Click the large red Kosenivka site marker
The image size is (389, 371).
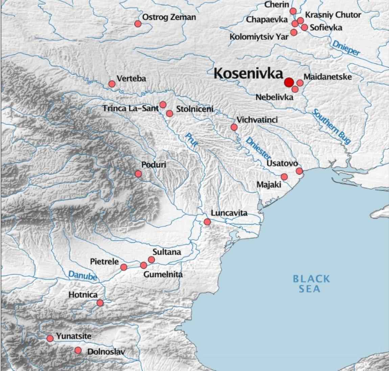pyautogui.click(x=289, y=82)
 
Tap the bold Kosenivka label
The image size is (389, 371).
pyautogui.click(x=249, y=74)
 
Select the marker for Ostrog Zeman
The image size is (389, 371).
pyautogui.click(x=138, y=24)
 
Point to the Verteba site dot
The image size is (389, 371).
pyautogui.click(x=112, y=84)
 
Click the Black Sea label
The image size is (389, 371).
pyautogui.click(x=311, y=284)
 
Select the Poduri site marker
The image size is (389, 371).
pyautogui.click(x=138, y=174)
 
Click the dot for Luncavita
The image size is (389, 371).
pyautogui.click(x=207, y=222)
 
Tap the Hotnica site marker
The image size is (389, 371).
pyautogui.click(x=100, y=303)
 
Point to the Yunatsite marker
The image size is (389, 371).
pyautogui.click(x=50, y=338)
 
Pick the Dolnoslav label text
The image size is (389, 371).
pyautogui.click(x=106, y=352)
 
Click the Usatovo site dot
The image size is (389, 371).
pyautogui.click(x=299, y=171)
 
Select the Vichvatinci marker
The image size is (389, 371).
pyautogui.click(x=234, y=127)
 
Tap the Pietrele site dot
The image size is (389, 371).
pyautogui.click(x=124, y=267)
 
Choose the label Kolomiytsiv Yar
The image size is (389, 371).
pyautogui.click(x=259, y=37)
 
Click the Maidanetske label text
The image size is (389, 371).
pyautogui.click(x=327, y=77)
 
